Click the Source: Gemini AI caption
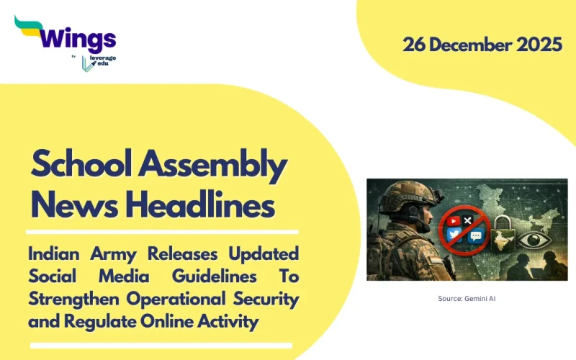[467, 297]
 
